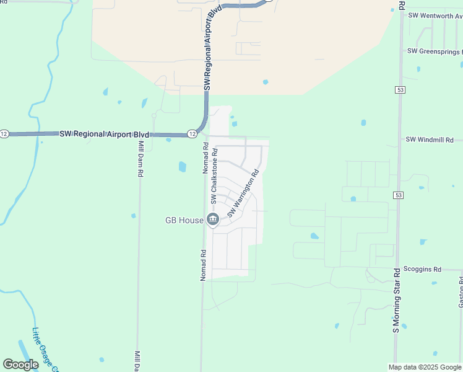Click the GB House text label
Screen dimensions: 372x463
[183, 219]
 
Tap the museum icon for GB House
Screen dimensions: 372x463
[213, 219]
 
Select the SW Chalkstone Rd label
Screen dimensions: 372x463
[214, 175]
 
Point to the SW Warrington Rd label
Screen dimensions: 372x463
[243, 192]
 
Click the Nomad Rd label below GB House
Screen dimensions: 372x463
[202, 265]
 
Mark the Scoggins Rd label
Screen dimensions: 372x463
[422, 269]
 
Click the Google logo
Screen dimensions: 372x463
[21, 364]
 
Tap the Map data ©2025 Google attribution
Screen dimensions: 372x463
[425, 367]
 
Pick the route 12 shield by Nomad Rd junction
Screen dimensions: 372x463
[193, 133]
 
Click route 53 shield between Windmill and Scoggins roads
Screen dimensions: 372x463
[399, 195]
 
